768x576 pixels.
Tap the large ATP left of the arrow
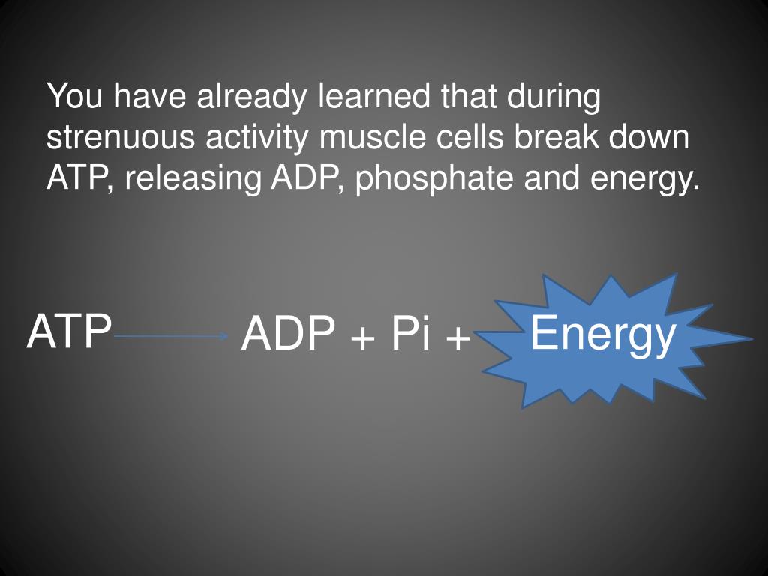tap(69, 331)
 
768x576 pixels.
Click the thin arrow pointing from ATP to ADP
tap(171, 337)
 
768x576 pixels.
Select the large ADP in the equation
tap(288, 334)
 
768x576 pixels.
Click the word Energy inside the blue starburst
tap(603, 334)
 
